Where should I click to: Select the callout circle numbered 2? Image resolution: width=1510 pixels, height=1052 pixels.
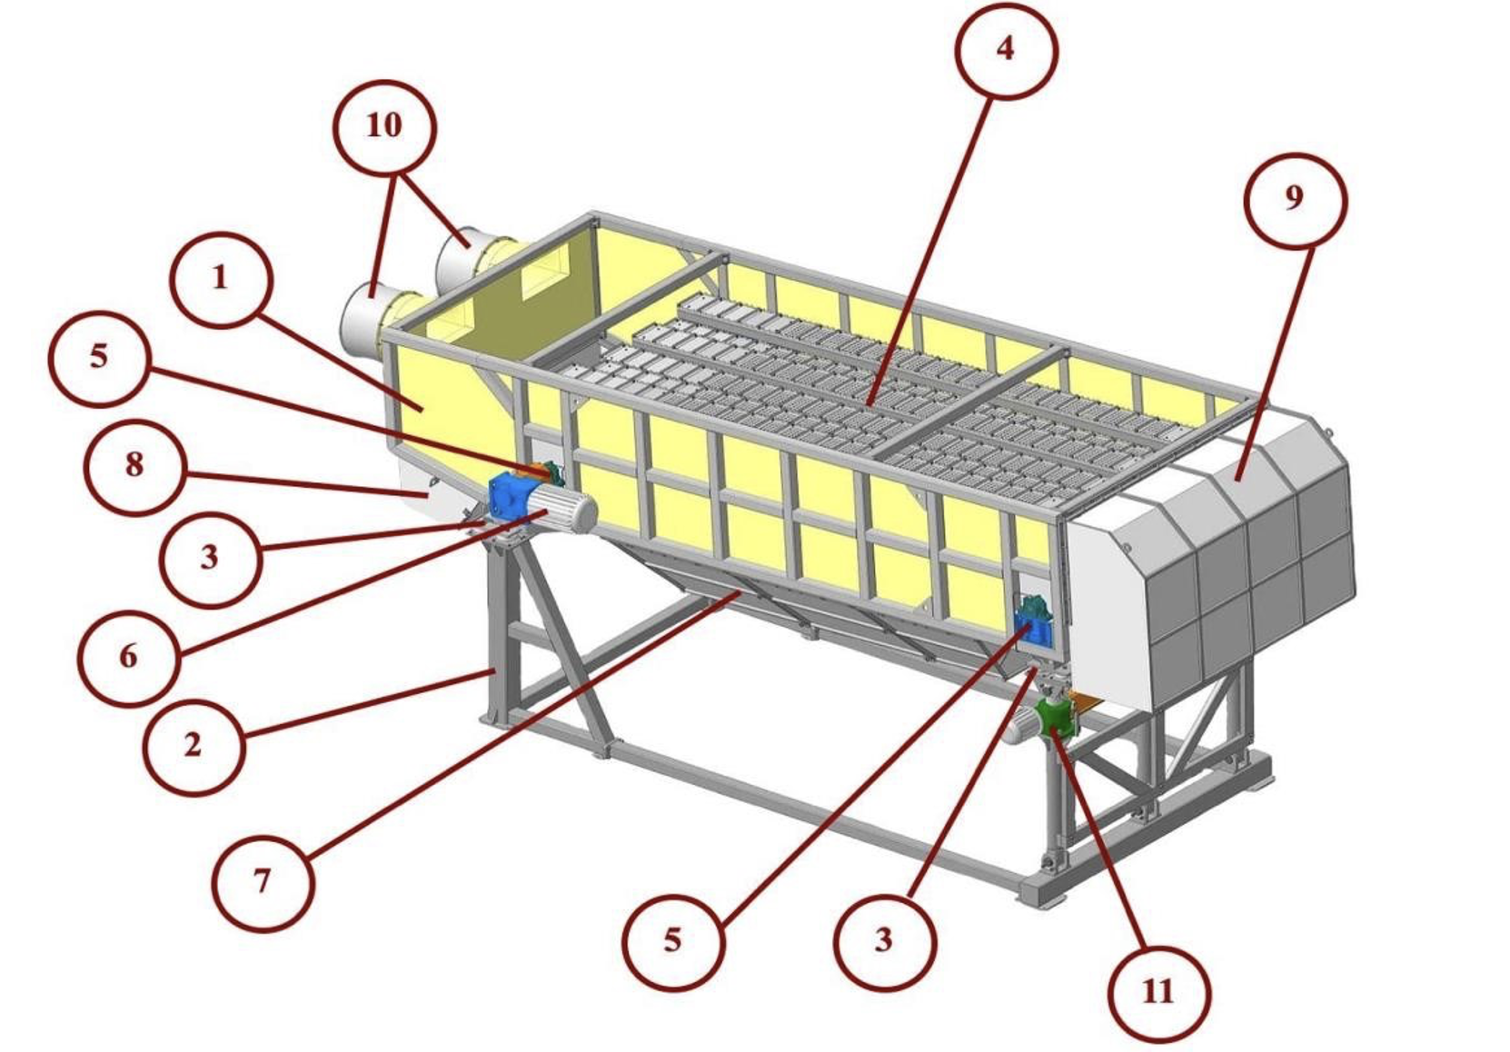194,746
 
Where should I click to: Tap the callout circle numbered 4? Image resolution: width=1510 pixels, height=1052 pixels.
1006,50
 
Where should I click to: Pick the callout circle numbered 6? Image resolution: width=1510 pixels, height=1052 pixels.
129,658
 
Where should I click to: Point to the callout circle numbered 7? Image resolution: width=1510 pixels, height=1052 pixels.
263,882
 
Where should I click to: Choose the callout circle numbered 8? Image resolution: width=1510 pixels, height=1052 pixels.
135,466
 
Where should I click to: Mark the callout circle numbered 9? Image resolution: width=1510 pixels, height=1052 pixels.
1295,201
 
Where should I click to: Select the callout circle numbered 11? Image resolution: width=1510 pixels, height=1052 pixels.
1159,995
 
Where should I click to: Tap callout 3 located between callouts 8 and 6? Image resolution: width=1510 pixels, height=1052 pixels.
210,559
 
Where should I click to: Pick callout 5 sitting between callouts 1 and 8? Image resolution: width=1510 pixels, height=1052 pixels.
99,358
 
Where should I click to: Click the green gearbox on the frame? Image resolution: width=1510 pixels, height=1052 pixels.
1055,720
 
